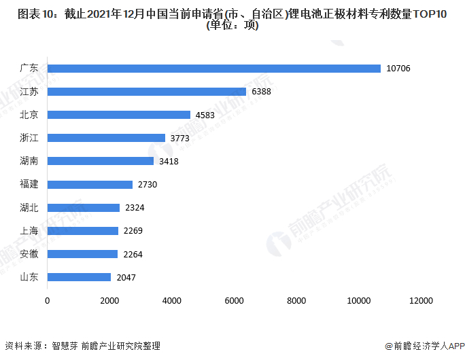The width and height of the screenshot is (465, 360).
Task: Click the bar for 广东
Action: [x=214, y=69]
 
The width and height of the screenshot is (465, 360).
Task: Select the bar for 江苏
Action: [x=147, y=92]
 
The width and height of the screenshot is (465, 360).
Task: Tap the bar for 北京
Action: [x=119, y=115]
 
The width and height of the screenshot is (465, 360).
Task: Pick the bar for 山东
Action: [x=80, y=277]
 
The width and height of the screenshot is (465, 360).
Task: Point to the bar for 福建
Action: [x=90, y=185]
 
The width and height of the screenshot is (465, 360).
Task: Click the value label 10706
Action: [x=398, y=69]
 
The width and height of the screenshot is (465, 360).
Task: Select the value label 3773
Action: [x=182, y=138]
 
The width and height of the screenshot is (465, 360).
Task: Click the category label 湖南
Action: [x=29, y=161]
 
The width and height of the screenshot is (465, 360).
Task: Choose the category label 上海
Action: [x=29, y=231]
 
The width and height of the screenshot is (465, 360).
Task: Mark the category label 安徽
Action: [x=29, y=254]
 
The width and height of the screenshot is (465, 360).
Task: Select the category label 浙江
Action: [x=29, y=138]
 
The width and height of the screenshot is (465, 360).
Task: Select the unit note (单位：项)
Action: [x=232, y=26]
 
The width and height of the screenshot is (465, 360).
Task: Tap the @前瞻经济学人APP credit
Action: [x=423, y=346]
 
